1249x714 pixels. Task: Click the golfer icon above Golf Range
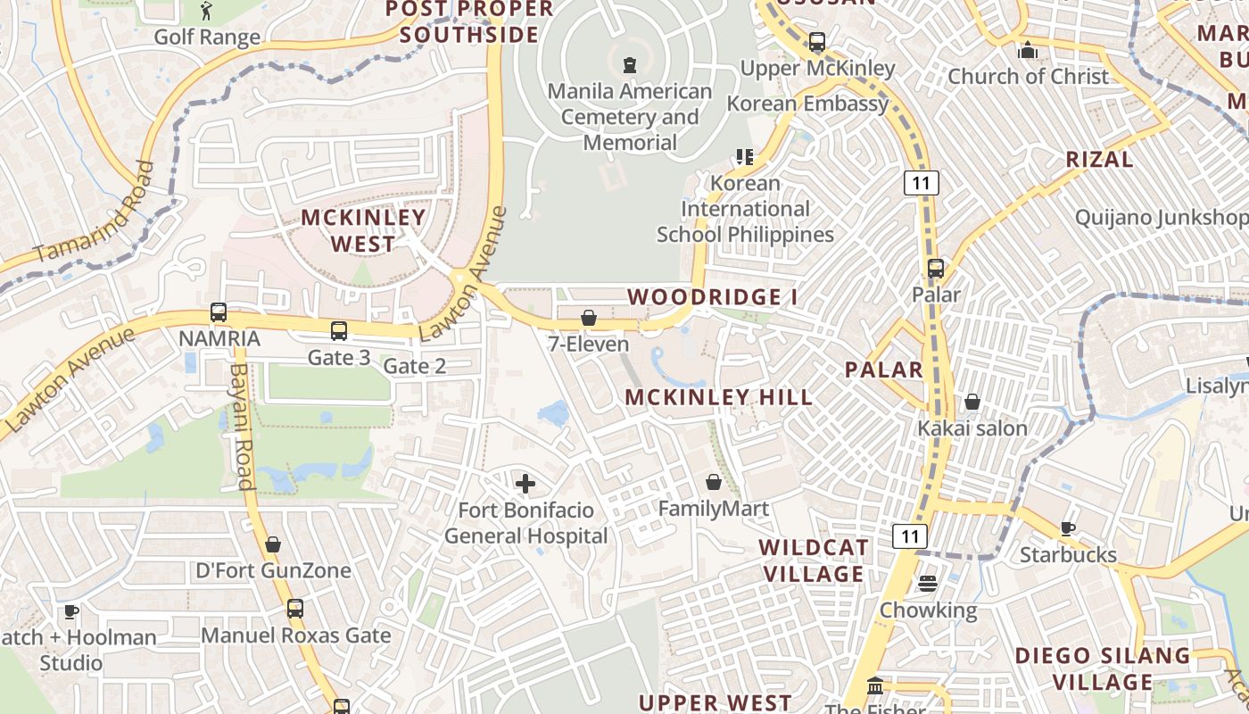coord(207,11)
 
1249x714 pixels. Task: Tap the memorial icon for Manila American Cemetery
coord(630,64)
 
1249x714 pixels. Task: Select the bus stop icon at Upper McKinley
coord(816,42)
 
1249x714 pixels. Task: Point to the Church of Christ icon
coord(1028,50)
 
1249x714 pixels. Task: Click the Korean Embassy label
coord(808,104)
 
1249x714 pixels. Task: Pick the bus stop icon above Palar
coord(936,268)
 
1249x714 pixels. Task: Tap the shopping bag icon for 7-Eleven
coord(588,318)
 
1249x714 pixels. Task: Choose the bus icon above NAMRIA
coord(219,312)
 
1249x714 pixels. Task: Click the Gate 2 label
coord(415,366)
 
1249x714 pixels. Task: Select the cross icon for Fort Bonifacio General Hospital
coord(525,484)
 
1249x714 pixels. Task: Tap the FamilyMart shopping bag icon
coord(714,483)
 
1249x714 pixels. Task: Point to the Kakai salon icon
coord(972,403)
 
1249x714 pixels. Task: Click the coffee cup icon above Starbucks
coord(1067,528)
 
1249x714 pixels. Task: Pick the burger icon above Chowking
coord(928,584)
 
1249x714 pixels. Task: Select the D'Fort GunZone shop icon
coord(273,544)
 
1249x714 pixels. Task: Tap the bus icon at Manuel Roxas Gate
coord(295,609)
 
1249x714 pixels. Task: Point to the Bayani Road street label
coord(241,426)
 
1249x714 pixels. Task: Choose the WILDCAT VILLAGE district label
coord(812,560)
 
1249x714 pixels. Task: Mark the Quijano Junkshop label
coord(1160,218)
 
